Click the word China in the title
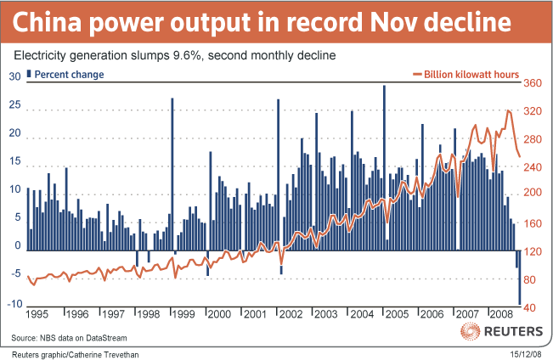pos(50,22)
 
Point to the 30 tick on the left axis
pos(14,76)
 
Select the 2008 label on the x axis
pos(501,313)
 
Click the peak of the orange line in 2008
pos(508,111)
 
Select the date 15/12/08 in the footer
pos(525,352)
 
